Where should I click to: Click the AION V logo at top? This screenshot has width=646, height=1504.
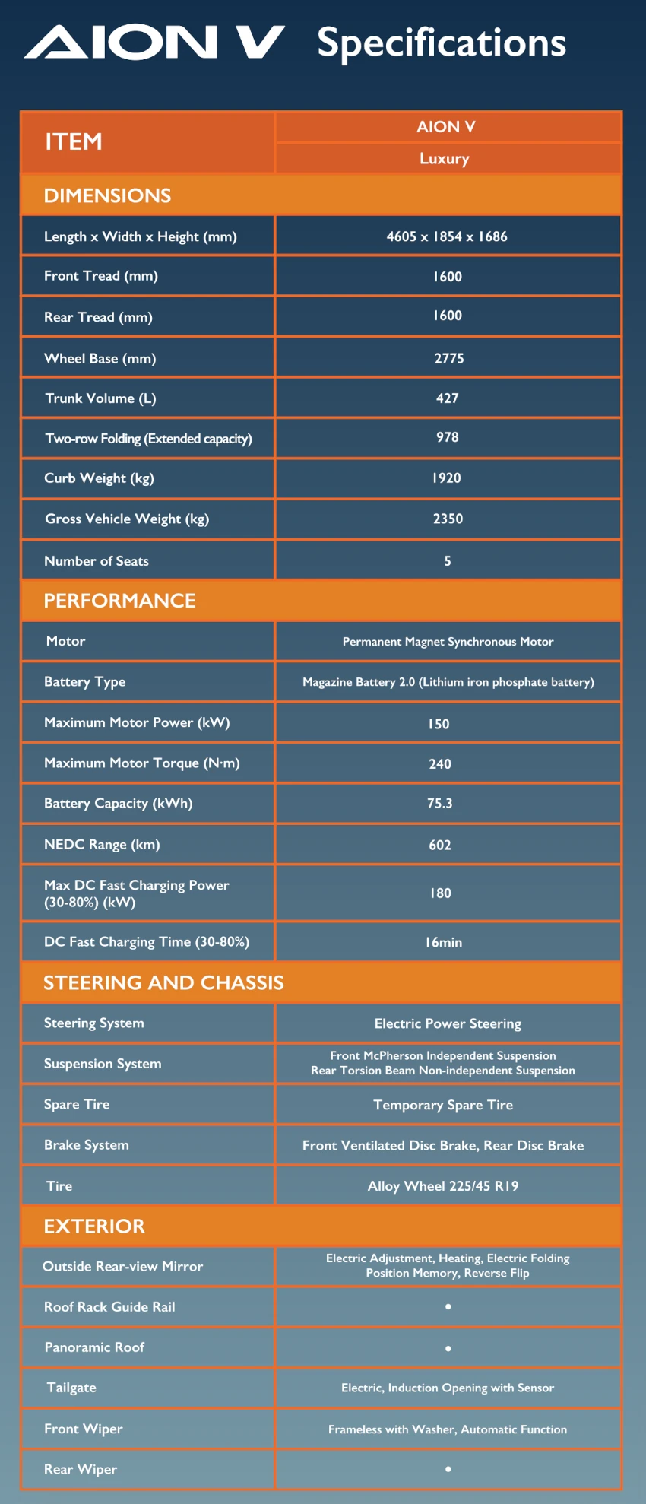pyautogui.click(x=154, y=43)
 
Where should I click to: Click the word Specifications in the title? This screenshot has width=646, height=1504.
pyautogui.click(x=441, y=43)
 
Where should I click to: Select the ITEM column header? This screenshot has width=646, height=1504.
pyautogui.click(x=74, y=141)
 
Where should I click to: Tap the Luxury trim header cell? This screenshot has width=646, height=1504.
pyautogui.click(x=445, y=159)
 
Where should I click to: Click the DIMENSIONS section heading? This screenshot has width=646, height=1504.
pyautogui.click(x=107, y=195)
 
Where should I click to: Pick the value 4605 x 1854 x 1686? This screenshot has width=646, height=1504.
pyautogui.click(x=447, y=236)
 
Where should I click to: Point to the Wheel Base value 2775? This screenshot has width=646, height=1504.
pyautogui.click(x=448, y=358)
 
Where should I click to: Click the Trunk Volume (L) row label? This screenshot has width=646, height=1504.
pyautogui.click(x=100, y=398)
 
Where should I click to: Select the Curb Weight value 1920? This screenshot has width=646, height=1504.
pyautogui.click(x=447, y=478)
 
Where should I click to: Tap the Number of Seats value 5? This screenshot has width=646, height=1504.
pyautogui.click(x=448, y=561)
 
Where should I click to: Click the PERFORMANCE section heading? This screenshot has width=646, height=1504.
pyautogui.click(x=119, y=601)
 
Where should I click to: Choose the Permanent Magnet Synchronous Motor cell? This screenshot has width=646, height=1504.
pyautogui.click(x=448, y=642)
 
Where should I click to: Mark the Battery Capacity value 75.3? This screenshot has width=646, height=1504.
pyautogui.click(x=440, y=804)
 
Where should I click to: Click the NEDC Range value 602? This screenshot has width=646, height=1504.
pyautogui.click(x=440, y=845)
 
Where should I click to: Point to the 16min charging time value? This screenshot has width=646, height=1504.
pyautogui.click(x=444, y=942)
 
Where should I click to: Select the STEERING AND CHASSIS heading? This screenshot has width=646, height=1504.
pyautogui.click(x=163, y=983)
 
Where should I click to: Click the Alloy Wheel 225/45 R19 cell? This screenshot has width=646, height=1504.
pyautogui.click(x=443, y=1186)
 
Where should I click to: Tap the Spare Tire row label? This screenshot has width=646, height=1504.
pyautogui.click(x=77, y=1105)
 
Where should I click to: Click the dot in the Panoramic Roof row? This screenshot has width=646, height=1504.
pyautogui.click(x=448, y=1348)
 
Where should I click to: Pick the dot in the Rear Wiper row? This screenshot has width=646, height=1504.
pyautogui.click(x=448, y=1469)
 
